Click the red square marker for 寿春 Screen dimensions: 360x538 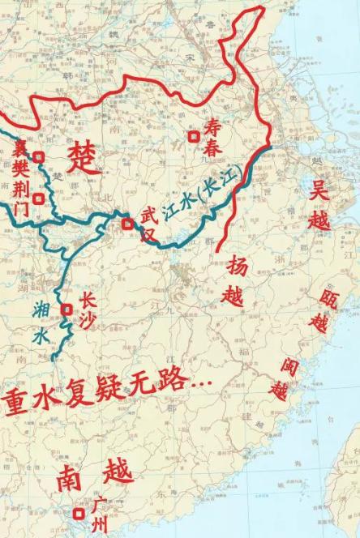coord(194,136)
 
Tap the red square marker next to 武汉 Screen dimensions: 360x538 coord(127,224)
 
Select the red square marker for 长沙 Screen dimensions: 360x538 coord(67,308)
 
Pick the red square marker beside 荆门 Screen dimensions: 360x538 coord(38,197)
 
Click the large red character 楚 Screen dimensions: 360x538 coord(84,155)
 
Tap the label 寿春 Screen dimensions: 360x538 coord(212,135)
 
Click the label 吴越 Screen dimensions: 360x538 coord(320,204)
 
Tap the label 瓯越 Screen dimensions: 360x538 coord(319,311)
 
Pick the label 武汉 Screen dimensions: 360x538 coord(147,224)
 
